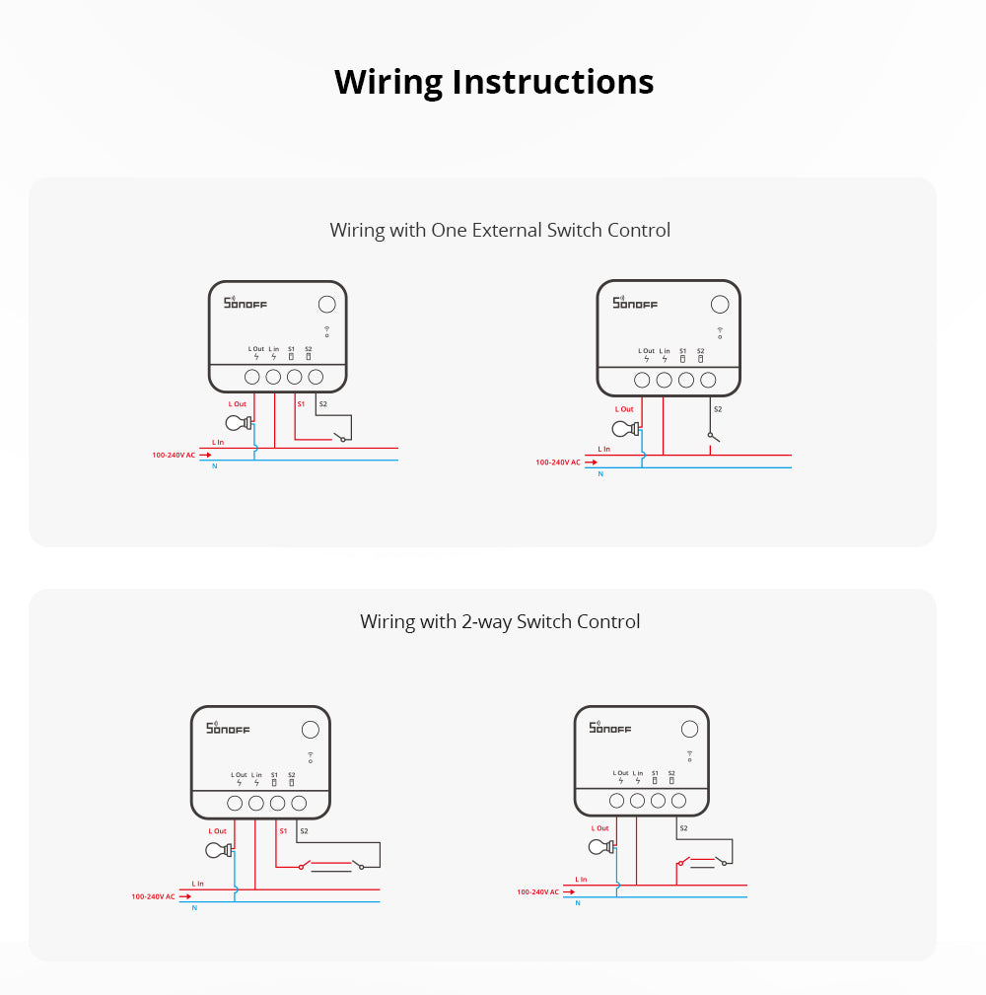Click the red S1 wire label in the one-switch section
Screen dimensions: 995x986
coord(302,403)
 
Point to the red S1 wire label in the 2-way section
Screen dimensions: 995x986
coord(283,830)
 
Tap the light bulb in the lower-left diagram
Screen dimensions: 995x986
coord(218,850)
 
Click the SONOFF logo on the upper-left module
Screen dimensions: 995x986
coord(246,304)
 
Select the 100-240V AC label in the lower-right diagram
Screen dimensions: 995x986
coord(538,891)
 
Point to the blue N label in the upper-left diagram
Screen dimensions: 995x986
coord(215,464)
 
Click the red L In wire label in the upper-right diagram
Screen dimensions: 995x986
coord(604,449)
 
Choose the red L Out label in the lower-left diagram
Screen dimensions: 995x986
coord(215,831)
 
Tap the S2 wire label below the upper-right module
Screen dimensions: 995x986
coord(717,408)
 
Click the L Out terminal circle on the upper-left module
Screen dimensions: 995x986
coord(251,377)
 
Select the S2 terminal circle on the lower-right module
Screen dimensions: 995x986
coord(678,801)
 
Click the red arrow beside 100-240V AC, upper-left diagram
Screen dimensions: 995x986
coord(205,456)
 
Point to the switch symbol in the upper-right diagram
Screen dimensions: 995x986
coord(712,436)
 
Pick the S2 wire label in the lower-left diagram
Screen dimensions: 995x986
coord(304,831)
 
